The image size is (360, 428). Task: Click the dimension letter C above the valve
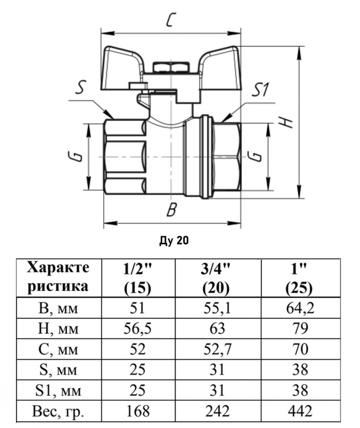click(x=170, y=20)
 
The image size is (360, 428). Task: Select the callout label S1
click(x=260, y=90)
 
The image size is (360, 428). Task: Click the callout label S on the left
click(x=80, y=87)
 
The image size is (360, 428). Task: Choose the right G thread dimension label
click(x=255, y=156)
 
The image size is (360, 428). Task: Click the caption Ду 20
click(x=174, y=240)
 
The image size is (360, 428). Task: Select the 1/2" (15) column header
click(x=137, y=278)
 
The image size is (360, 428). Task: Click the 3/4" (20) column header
click(x=216, y=278)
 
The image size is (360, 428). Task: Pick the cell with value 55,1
click(x=217, y=308)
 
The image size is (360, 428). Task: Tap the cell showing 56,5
click(x=137, y=329)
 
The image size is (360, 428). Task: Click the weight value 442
click(x=300, y=410)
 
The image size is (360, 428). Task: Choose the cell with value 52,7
click(x=217, y=349)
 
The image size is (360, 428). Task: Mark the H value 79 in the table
click(x=300, y=329)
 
